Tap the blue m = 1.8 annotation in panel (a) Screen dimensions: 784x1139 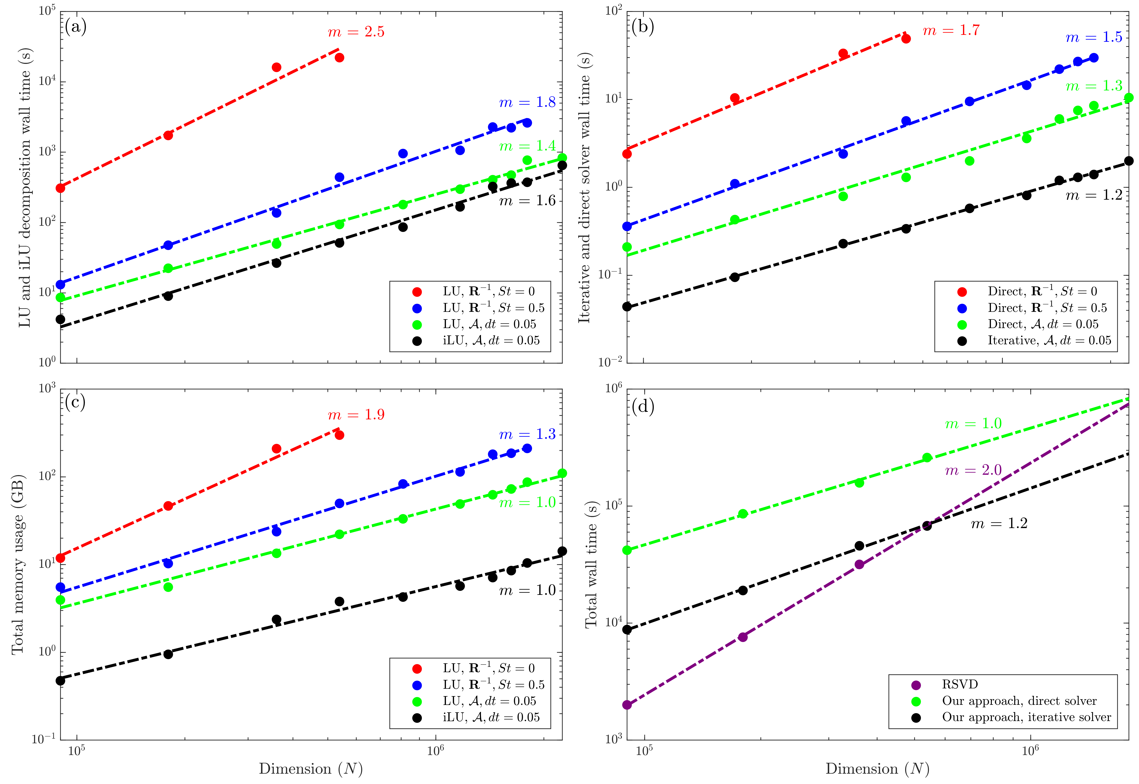(527, 103)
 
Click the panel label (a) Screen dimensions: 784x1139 (76, 27)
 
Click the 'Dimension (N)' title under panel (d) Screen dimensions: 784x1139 (877, 769)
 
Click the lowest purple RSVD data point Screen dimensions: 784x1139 (627, 705)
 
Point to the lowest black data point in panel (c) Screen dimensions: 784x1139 (60, 680)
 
